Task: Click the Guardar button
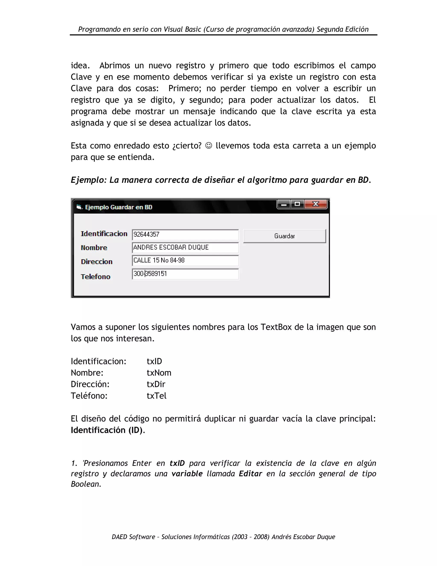(x=284, y=236)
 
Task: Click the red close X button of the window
(x=316, y=204)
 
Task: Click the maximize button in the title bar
(x=297, y=204)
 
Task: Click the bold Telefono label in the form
(x=96, y=277)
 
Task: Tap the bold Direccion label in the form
(x=97, y=261)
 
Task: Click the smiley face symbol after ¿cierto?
(x=208, y=146)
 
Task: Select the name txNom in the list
(x=159, y=373)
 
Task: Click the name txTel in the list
(x=156, y=396)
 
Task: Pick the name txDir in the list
(x=156, y=384)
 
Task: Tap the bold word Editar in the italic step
(x=250, y=474)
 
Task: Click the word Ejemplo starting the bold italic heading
(x=88, y=180)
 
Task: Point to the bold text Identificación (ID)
(x=107, y=430)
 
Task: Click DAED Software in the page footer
(x=133, y=537)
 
